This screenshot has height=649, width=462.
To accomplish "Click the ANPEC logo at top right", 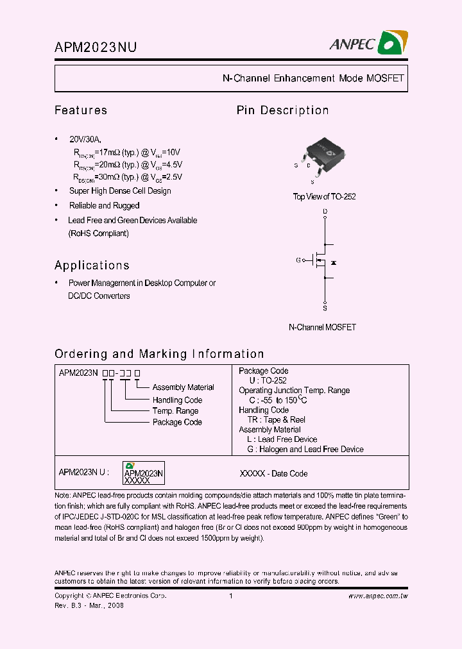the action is tap(368, 43).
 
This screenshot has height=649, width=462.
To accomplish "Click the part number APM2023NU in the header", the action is tap(95, 47).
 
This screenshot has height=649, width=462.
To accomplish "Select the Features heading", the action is tap(81, 110).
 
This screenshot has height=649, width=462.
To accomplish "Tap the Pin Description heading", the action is tap(282, 110).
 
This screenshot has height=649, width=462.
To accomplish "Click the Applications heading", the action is tap(92, 265).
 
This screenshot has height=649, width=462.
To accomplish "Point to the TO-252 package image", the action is tap(324, 154).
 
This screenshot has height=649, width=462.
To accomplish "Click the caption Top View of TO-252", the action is tap(324, 197).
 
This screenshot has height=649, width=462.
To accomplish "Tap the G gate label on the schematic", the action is tap(298, 260).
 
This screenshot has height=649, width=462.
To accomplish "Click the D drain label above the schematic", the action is tap(325, 211).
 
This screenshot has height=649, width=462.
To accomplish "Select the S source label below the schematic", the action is tap(325, 308).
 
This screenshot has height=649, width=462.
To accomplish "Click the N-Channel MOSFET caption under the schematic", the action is tap(322, 327).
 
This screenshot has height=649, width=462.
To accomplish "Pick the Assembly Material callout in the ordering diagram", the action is tap(183, 387).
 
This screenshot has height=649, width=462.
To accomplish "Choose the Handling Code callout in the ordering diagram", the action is tap(177, 400).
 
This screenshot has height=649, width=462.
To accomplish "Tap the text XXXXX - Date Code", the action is tap(273, 474).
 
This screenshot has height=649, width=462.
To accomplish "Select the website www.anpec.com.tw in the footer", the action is tap(378, 596).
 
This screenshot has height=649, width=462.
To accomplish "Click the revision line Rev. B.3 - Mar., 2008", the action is tap(89, 605).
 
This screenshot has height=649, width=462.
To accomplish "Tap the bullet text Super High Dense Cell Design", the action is tap(120, 191).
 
